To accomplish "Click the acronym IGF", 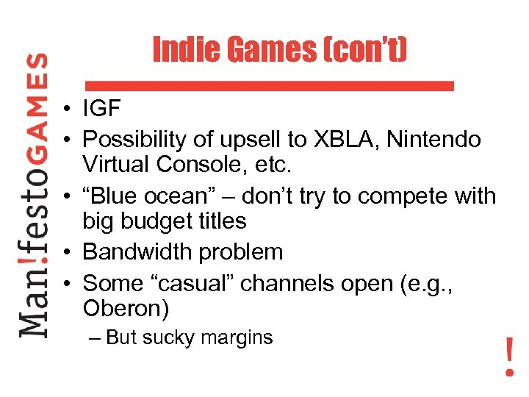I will point(101,109).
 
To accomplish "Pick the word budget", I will point(151,220).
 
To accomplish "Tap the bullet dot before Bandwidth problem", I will point(66,253).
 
